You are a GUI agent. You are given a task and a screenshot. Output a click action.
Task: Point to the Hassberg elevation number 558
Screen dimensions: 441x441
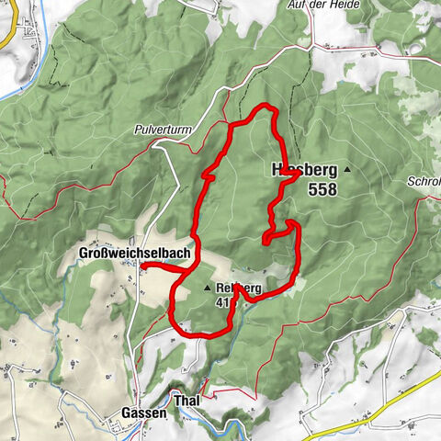pyautogui.click(x=322, y=190)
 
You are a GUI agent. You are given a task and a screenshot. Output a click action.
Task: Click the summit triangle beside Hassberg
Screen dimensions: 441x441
pyautogui.click(x=347, y=171)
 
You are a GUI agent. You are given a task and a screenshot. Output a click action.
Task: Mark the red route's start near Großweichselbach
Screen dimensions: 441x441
pyautogui.click(x=142, y=266)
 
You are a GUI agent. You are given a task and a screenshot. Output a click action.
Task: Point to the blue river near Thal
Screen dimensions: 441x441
pyautogui.click(x=220, y=424)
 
